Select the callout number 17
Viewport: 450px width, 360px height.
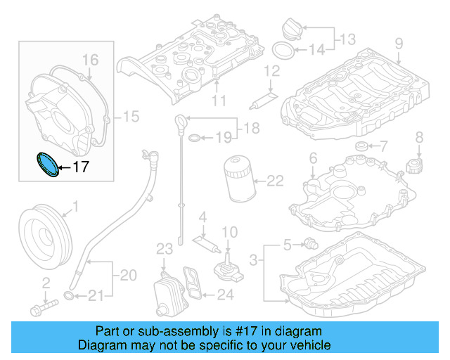[x=81, y=167]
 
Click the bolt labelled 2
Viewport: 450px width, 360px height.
[x=42, y=307]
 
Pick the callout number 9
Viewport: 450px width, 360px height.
[x=399, y=44]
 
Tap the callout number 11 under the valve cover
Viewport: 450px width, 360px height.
[x=219, y=101]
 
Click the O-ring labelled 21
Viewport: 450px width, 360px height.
[x=69, y=293]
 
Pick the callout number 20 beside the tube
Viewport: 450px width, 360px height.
[x=127, y=275]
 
